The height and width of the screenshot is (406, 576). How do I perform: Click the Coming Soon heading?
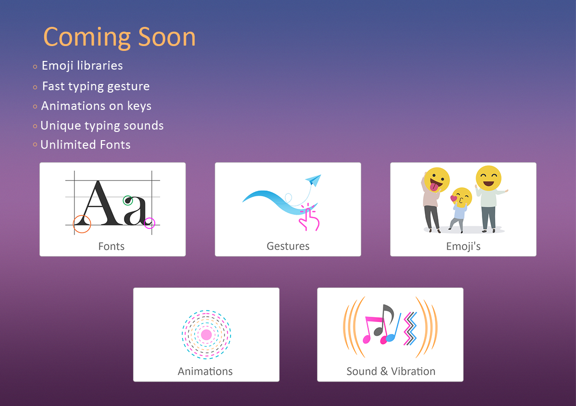click(120, 37)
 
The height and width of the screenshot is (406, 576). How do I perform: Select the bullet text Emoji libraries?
click(82, 66)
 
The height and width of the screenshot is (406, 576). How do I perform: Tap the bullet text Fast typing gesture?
click(96, 87)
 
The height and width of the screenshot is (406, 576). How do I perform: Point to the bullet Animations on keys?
click(96, 106)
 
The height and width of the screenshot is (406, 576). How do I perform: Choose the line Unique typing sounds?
click(102, 126)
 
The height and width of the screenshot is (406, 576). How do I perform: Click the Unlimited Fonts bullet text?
click(86, 145)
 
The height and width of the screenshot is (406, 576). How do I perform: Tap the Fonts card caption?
click(111, 246)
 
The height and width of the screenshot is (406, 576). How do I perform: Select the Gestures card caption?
click(288, 246)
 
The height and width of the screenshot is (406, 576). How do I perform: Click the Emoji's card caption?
click(463, 246)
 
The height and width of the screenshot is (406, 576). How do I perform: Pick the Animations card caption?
click(205, 371)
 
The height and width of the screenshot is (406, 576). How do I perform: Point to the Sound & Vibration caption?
click(391, 371)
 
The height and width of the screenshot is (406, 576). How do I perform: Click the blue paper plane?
click(313, 179)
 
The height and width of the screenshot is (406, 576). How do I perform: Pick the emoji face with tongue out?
click(437, 180)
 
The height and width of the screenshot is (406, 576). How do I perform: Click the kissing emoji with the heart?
click(461, 197)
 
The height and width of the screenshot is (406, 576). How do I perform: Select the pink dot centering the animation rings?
click(207, 335)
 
